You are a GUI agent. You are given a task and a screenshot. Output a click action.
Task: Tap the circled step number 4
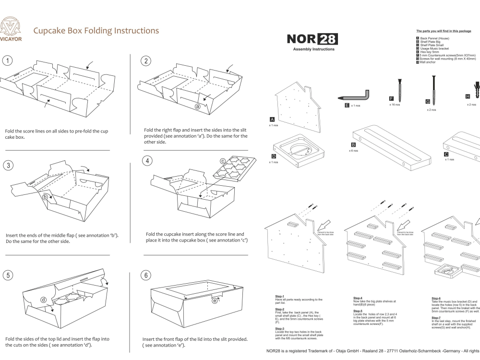[148, 160]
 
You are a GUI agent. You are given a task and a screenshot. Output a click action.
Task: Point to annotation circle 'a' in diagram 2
[197, 106]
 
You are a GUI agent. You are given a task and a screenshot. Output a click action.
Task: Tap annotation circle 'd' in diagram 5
[44, 300]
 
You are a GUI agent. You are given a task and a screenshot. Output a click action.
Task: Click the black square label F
[391, 99]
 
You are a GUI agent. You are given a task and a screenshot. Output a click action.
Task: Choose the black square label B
[354, 144]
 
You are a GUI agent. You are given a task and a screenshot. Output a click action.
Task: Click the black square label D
[274, 156]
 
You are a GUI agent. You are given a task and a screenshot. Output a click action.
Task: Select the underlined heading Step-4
[358, 298]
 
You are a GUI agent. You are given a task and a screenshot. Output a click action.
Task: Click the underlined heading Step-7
[436, 317]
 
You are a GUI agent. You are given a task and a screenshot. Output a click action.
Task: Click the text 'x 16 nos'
[395, 105]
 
